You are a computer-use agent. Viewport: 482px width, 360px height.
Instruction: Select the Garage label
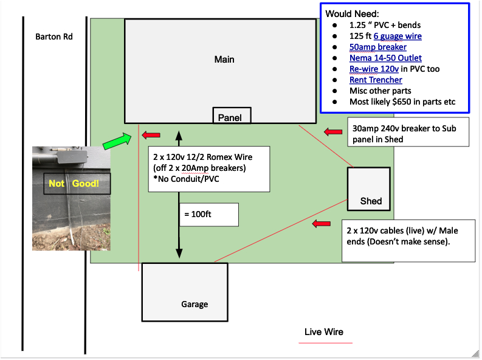195,304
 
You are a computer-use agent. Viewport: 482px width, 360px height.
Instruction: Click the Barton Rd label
54,36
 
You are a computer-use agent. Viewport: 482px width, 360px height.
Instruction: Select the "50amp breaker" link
378,47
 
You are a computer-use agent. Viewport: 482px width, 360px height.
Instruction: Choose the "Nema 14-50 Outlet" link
385,58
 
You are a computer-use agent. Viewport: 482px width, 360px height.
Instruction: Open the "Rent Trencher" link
376,80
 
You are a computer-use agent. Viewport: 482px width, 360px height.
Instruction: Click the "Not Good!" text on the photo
72,184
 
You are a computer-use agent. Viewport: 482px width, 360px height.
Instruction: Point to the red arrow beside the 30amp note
334,132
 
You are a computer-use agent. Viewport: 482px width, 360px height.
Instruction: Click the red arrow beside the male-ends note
321,224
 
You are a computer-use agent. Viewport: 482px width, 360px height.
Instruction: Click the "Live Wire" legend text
324,331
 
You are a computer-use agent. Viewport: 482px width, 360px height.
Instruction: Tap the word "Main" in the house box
224,60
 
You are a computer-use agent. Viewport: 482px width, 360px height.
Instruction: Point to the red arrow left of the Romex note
151,134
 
